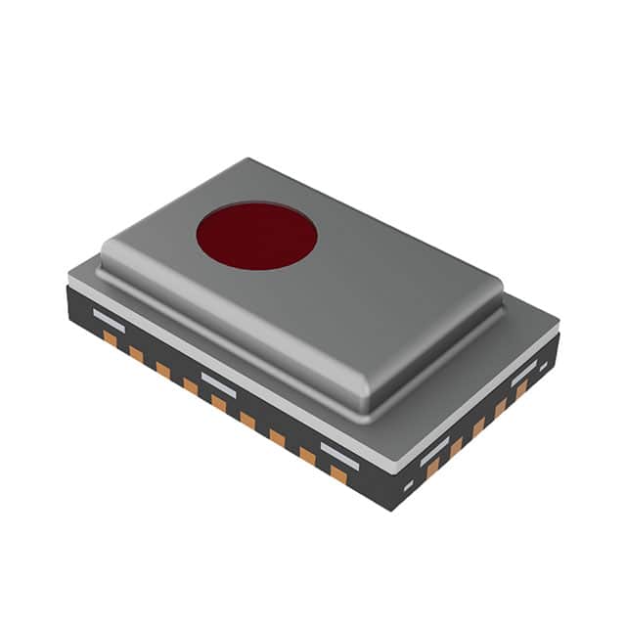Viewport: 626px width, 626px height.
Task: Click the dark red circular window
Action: coord(256,237)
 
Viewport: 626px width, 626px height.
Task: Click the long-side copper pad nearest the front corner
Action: coord(338,473)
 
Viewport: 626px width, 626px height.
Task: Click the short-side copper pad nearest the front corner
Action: coord(431,469)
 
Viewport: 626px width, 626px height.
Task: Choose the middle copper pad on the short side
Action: coord(478,427)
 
